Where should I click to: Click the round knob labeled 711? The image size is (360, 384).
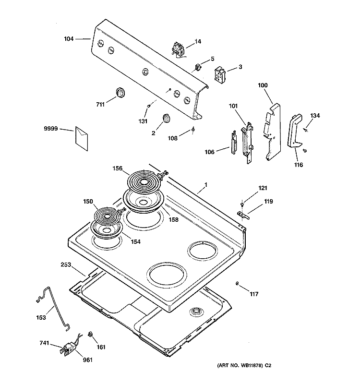[x=119, y=92]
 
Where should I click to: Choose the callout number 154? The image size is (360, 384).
[x=135, y=242]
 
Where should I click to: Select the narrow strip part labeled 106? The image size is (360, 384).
[x=233, y=144]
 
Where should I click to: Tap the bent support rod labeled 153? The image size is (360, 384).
[x=54, y=307]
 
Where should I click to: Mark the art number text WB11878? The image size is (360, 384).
[x=283, y=366]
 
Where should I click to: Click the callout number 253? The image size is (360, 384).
[x=67, y=264]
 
